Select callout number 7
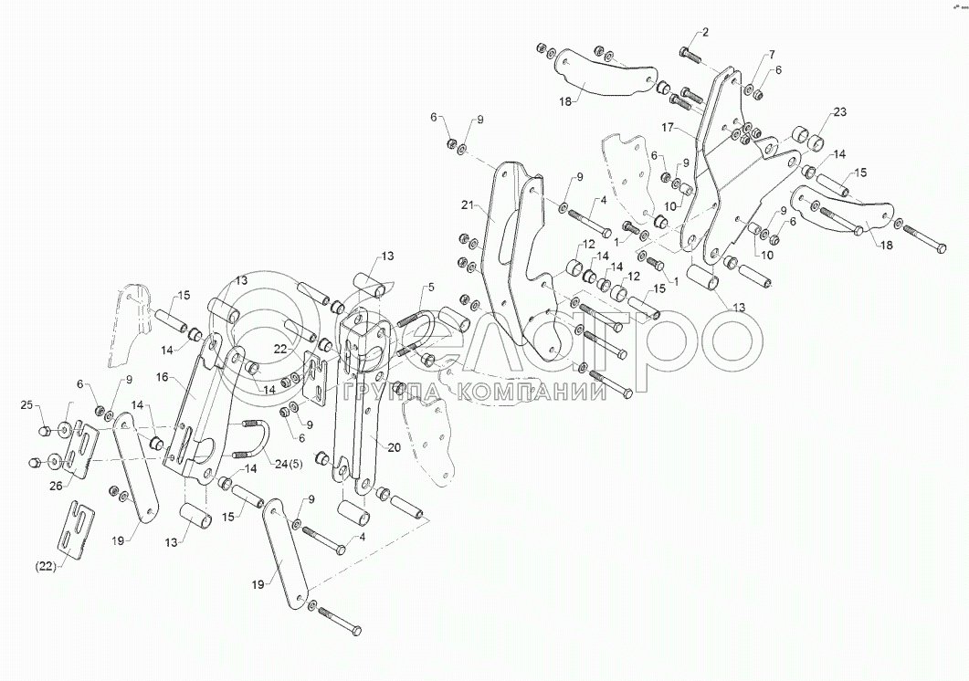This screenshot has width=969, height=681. (x=771, y=55)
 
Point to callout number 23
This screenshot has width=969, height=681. (x=839, y=112)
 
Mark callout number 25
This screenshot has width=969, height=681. (x=26, y=403)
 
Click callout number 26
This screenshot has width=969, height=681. (x=56, y=486)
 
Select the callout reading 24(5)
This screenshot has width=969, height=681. (x=288, y=465)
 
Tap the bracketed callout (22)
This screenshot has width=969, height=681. (x=47, y=566)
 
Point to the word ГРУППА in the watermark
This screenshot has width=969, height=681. (x=397, y=393)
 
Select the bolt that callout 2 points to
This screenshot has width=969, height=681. (x=690, y=54)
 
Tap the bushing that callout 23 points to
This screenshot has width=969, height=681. (x=807, y=137)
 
